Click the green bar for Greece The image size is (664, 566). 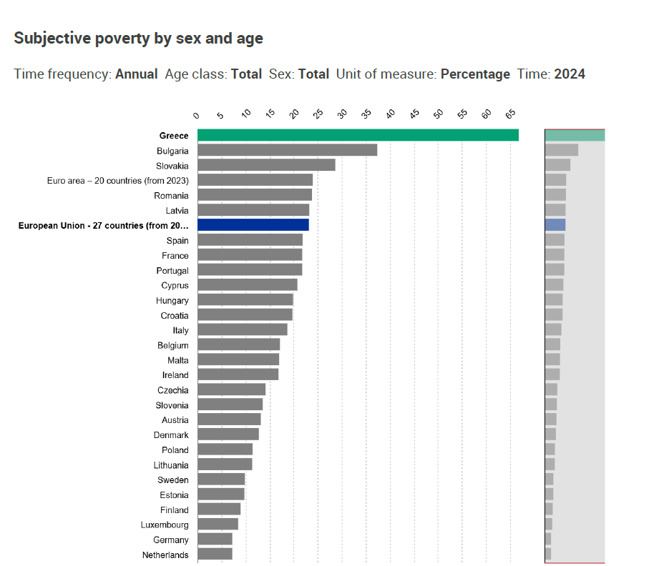coord(358,135)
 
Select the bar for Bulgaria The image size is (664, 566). coord(287,150)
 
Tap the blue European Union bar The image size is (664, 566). coord(253,224)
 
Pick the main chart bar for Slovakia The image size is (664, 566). coord(266,165)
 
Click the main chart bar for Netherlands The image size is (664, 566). coord(215,554)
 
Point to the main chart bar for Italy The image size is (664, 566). coord(242,329)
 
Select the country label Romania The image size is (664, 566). coord(171,195)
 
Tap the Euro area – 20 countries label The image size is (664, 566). coord(117,180)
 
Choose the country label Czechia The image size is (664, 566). coord(173,389)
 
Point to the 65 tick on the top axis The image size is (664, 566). coord(510,115)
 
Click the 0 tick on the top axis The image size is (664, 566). coord(197,115)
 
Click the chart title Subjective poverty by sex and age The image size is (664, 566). coord(138,39)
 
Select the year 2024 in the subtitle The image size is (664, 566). coord(570,74)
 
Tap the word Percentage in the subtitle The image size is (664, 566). coord(475,74)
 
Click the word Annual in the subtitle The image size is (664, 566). coord(137,74)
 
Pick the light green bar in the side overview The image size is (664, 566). coord(575,135)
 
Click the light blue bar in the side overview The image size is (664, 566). coord(555,224)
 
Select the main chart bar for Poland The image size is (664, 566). coord(225,449)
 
